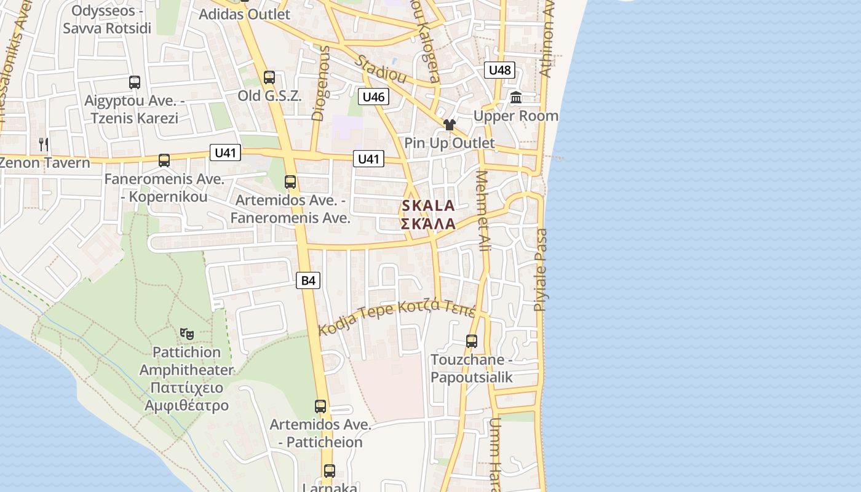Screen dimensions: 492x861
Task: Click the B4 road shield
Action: coord(308,281)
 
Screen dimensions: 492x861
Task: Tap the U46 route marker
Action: coord(373,97)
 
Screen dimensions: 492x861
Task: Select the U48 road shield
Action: coord(499,70)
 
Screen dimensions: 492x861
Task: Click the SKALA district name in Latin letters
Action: coord(428,206)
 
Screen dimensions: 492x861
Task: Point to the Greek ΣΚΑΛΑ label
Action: coord(428,224)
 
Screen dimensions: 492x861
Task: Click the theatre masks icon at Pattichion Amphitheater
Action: coord(187,334)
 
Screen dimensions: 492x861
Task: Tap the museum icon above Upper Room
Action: coord(516,98)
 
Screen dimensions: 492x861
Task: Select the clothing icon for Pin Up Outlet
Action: coord(449,125)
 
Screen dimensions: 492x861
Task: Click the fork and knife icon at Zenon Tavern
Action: coord(44,145)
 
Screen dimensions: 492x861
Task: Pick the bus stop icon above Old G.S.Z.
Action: coord(269,77)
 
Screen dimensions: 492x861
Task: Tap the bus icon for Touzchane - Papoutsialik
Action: coord(472,341)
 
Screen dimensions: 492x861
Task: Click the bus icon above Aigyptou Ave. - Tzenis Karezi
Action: coord(135,82)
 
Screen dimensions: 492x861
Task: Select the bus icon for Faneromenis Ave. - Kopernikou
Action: coord(164,161)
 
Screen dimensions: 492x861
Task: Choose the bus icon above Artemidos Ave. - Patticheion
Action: coord(320,407)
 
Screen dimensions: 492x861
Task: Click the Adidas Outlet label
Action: coord(245,14)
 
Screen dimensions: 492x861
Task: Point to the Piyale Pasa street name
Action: coord(541,269)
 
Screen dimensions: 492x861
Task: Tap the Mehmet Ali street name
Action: coord(484,210)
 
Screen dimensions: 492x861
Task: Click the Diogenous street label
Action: coord(321,82)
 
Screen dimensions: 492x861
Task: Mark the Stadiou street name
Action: coord(381,69)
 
